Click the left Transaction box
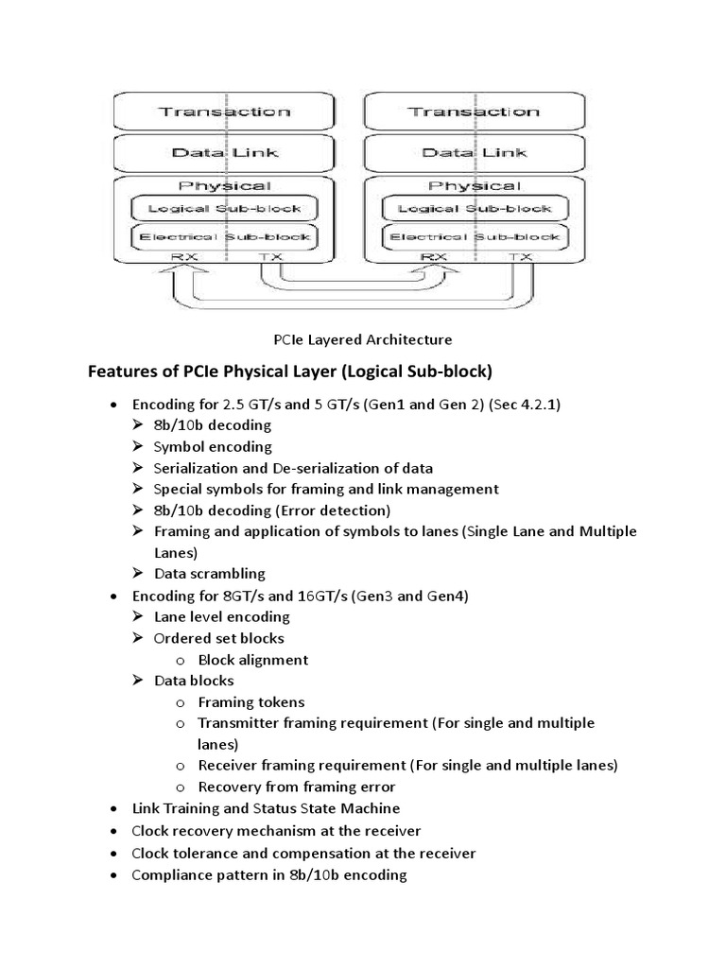point(224,112)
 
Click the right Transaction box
point(474,112)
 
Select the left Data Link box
point(224,152)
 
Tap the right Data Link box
point(474,152)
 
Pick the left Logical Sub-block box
point(224,208)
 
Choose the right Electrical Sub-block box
point(474,236)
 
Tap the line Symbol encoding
point(213,446)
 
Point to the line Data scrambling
point(209,573)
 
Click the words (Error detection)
point(328,510)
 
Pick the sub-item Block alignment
point(253,660)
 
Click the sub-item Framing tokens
point(251,701)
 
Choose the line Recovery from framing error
point(296,786)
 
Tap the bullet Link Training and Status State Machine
point(266,808)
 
